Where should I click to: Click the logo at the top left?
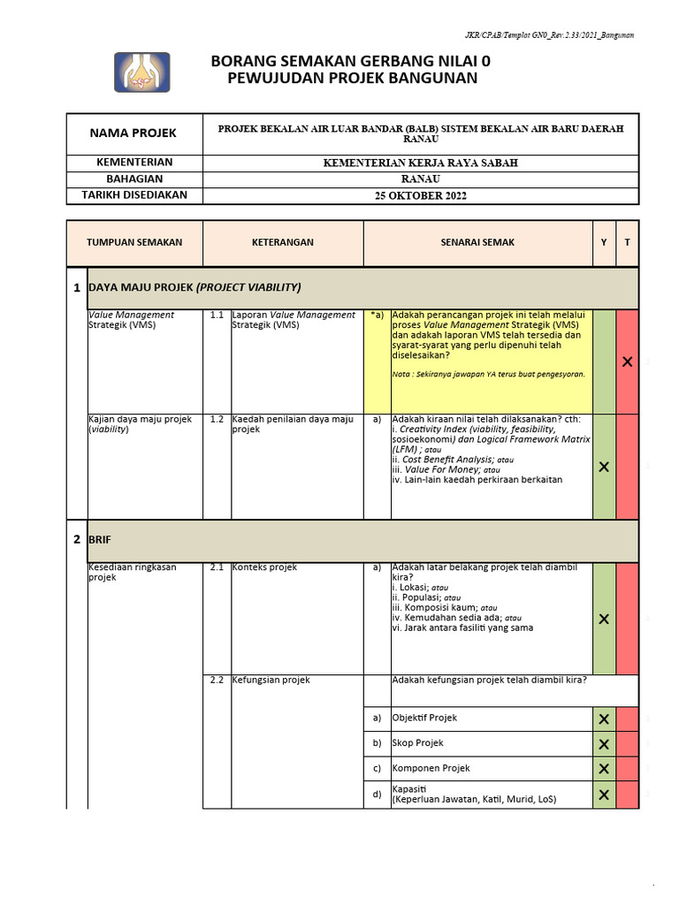[x=141, y=72]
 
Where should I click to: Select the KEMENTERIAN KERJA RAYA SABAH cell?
[x=421, y=163]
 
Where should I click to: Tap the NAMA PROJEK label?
[x=134, y=133]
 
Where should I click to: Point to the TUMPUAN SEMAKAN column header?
[x=134, y=242]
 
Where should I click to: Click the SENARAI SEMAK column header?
[x=477, y=242]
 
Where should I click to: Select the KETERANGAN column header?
[x=283, y=242]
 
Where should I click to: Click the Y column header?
[x=604, y=242]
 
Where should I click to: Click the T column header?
[x=628, y=242]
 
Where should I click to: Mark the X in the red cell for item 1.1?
[x=628, y=361]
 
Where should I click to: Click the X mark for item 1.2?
[x=604, y=467]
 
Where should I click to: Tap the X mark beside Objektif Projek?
[x=604, y=719]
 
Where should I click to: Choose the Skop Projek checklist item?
[x=418, y=743]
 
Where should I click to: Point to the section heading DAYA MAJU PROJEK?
[x=195, y=287]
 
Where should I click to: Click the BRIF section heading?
[x=99, y=539]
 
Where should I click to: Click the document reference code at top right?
[x=549, y=35]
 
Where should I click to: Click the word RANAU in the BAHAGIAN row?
[x=421, y=179]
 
